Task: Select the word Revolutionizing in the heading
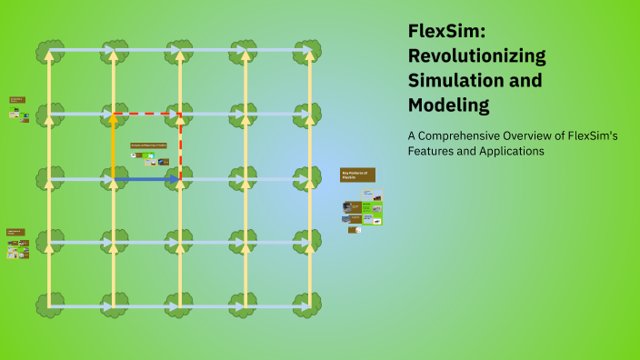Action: pyautogui.click(x=476, y=56)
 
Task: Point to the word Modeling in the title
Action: pyautogui.click(x=448, y=105)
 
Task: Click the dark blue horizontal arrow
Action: pyautogui.click(x=145, y=179)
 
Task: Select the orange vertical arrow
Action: pyautogui.click(x=114, y=145)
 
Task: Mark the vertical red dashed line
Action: pyautogui.click(x=180, y=145)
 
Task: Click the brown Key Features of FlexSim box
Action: pyautogui.click(x=357, y=174)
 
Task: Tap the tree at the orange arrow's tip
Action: pyautogui.click(x=114, y=115)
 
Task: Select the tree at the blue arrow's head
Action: pyautogui.click(x=180, y=179)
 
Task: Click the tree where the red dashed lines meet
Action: pyautogui.click(x=180, y=115)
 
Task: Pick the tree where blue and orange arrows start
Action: pyautogui.click(x=114, y=179)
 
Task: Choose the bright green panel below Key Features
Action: pyautogui.click(x=363, y=213)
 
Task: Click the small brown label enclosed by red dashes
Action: pyautogui.click(x=150, y=145)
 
